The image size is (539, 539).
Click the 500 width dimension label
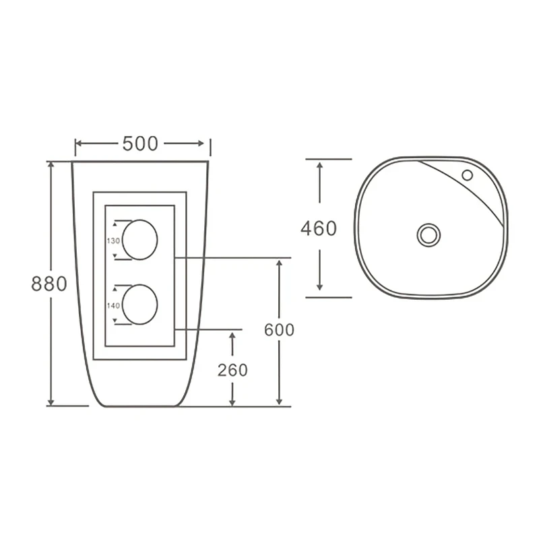pos(140,144)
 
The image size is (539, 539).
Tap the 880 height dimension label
pos(49,284)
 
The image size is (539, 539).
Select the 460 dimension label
pos(319,228)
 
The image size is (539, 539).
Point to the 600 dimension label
pos(279,330)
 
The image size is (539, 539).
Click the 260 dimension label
pos(232,370)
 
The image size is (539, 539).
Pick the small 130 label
pos(113,241)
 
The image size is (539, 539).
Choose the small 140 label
pos(113,305)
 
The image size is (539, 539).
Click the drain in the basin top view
pos(429,235)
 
